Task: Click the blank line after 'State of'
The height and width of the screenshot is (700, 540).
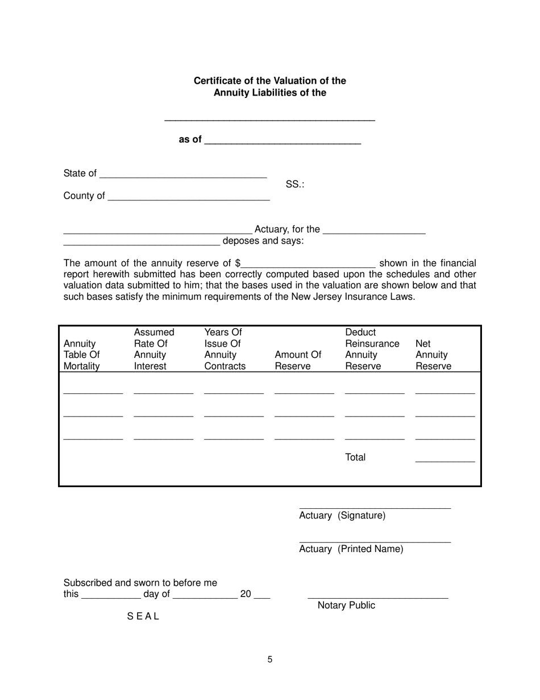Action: pyautogui.click(x=182, y=175)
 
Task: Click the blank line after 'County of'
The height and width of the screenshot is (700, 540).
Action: pyautogui.click(x=188, y=197)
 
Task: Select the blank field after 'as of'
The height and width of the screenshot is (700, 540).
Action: pyautogui.click(x=282, y=141)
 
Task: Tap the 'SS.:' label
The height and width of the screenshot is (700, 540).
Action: pyautogui.click(x=294, y=184)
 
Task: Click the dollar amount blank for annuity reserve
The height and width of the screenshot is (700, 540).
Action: pyautogui.click(x=308, y=265)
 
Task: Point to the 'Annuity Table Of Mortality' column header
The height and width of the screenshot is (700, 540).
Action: pyautogui.click(x=82, y=355)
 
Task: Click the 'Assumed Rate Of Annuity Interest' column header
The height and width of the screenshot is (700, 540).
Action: pyautogui.click(x=154, y=349)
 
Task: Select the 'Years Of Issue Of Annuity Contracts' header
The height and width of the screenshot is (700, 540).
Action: pyautogui.click(x=225, y=349)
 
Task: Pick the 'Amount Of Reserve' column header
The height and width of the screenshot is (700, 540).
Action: pyautogui.click(x=297, y=360)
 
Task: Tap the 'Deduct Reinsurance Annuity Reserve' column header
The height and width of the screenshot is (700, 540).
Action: pyautogui.click(x=372, y=349)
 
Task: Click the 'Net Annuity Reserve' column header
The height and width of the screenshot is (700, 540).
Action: pyautogui.click(x=433, y=355)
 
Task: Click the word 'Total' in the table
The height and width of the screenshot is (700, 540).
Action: pyautogui.click(x=355, y=458)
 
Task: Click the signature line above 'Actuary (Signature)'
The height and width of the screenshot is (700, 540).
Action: pyautogui.click(x=375, y=506)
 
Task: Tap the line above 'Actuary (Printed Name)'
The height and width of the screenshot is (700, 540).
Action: pyautogui.click(x=375, y=540)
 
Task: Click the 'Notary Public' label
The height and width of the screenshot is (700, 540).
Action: pyautogui.click(x=346, y=606)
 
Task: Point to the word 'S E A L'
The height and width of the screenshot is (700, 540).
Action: pyautogui.click(x=143, y=616)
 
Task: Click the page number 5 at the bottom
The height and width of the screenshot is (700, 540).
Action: pyautogui.click(x=270, y=660)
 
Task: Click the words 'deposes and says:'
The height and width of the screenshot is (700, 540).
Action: pyautogui.click(x=263, y=241)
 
